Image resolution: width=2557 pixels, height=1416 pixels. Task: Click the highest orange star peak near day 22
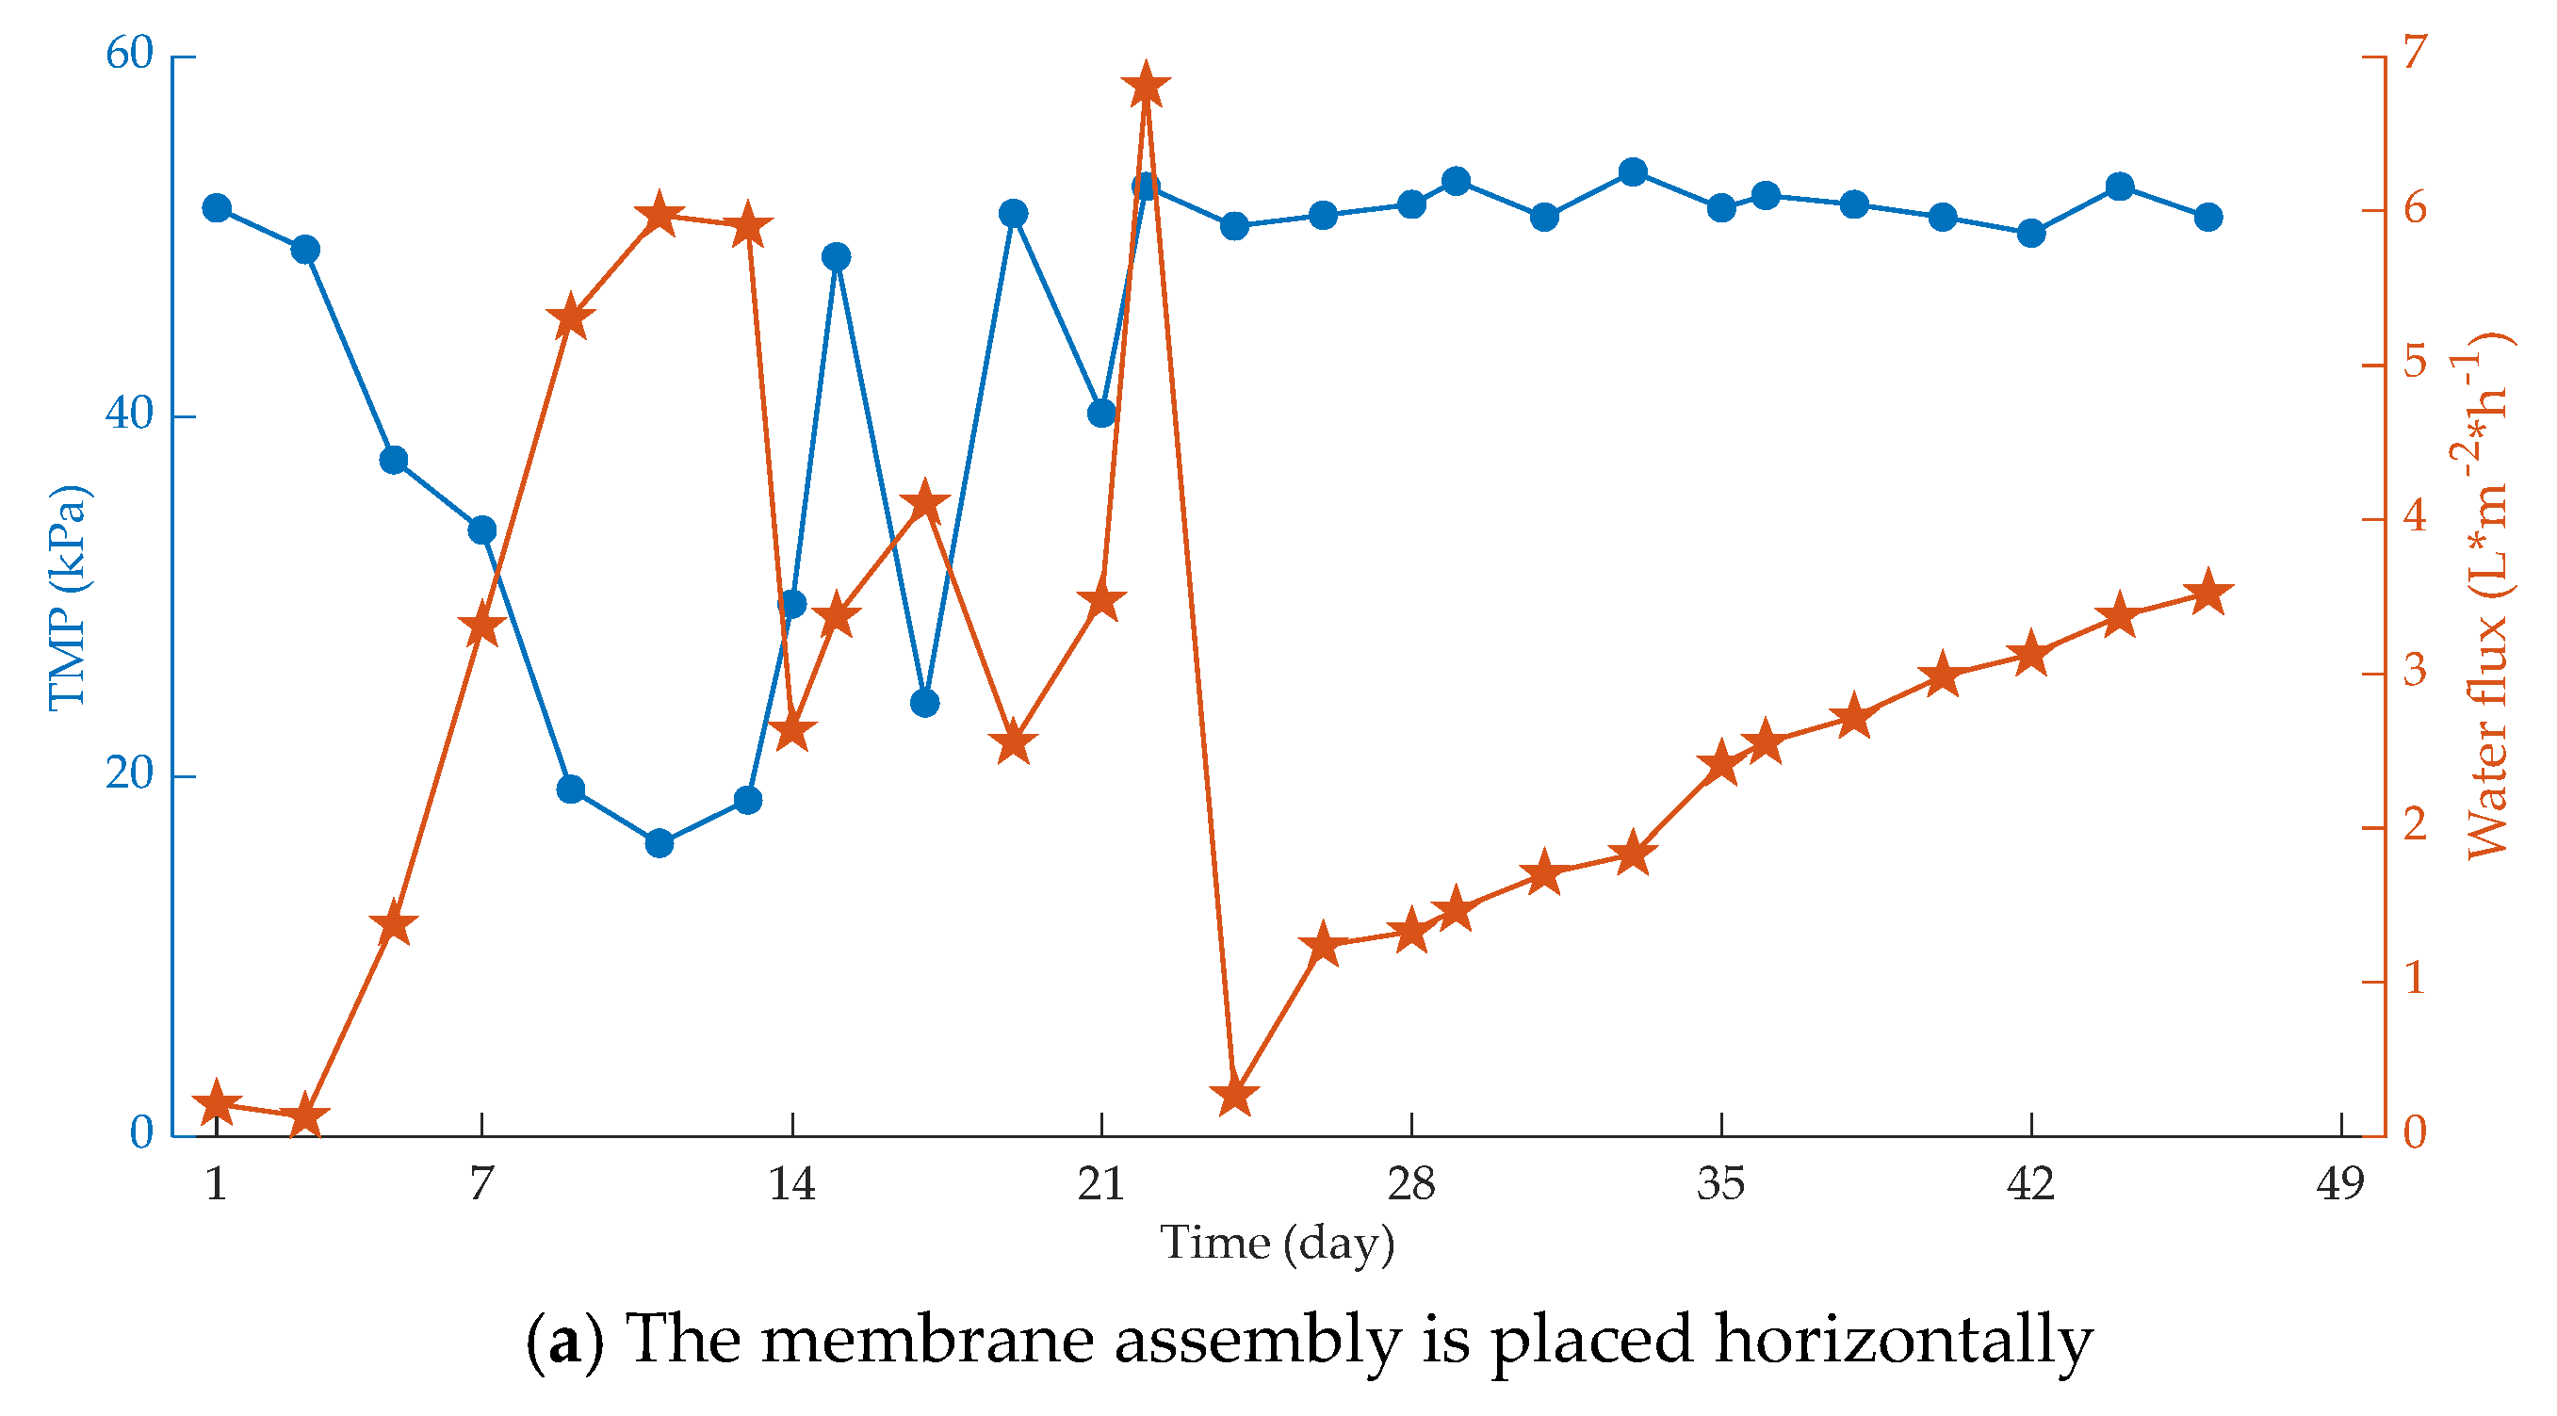[x=1146, y=88]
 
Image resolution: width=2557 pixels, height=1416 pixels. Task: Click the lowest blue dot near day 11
[x=660, y=843]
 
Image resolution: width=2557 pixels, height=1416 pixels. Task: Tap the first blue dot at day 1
[x=217, y=208]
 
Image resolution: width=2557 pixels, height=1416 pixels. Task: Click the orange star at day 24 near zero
[x=1235, y=1097]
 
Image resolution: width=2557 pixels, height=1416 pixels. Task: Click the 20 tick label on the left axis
[x=130, y=774]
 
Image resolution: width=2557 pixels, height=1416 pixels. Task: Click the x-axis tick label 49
[x=2340, y=1184]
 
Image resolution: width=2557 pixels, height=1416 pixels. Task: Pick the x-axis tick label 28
[x=1410, y=1184]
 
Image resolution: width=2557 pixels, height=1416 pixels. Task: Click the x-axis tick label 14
[x=791, y=1184]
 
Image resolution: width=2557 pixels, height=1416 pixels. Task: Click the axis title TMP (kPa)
[x=68, y=598]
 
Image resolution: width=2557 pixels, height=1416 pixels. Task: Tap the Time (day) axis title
[x=1278, y=1244]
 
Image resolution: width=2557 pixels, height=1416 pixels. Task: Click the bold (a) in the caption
[x=562, y=1341]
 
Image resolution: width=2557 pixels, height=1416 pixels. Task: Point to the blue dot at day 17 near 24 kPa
[x=924, y=704]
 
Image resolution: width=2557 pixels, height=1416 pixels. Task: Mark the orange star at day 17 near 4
[x=925, y=502]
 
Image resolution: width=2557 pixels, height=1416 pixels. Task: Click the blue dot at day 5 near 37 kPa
[x=394, y=461]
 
